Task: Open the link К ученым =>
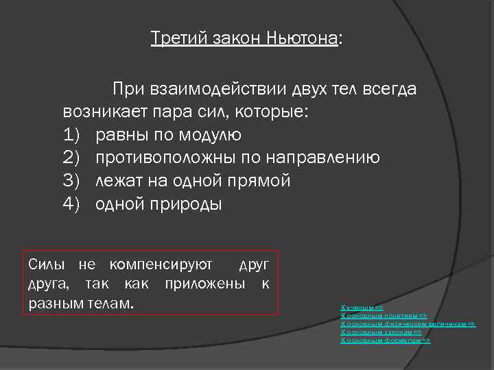[362, 308]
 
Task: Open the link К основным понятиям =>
[384, 316]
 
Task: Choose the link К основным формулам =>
[386, 341]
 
